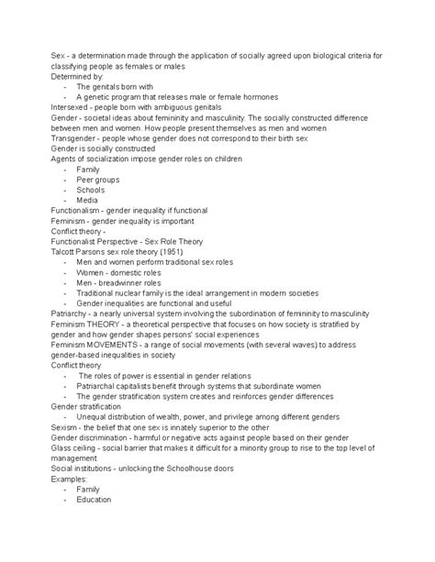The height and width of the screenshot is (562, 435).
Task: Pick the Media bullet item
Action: (x=87, y=199)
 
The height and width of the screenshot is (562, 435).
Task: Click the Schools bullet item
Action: (x=92, y=189)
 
